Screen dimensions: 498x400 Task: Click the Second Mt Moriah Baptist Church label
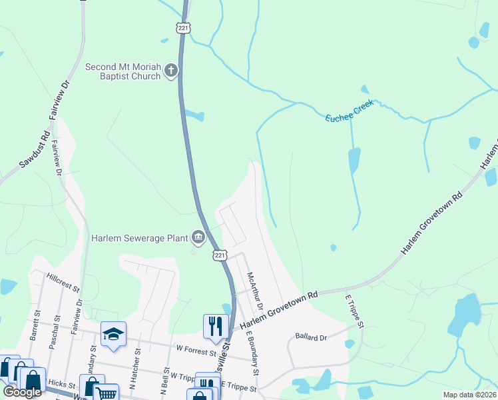(123, 71)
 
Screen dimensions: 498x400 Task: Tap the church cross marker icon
(171, 71)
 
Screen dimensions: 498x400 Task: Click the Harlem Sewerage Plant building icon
(198, 237)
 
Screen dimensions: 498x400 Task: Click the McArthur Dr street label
(256, 291)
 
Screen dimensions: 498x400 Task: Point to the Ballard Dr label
(314, 338)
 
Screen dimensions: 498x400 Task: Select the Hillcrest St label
(63, 282)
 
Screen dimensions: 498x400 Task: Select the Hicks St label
(61, 385)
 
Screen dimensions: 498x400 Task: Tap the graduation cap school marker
(113, 333)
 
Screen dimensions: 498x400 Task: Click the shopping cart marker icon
(105, 392)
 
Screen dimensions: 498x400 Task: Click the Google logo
(22, 392)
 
